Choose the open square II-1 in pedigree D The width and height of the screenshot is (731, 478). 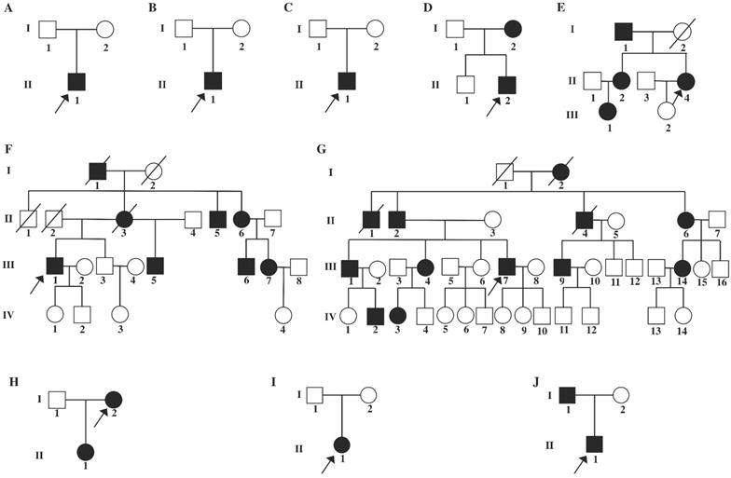pos(462,84)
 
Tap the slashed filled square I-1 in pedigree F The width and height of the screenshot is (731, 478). pos(96,170)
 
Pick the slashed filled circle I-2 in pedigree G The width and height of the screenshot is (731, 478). pos(559,171)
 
